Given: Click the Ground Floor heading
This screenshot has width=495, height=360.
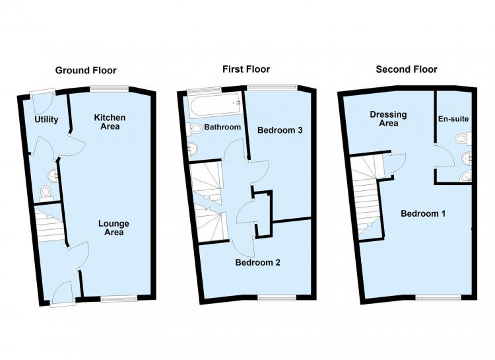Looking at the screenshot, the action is [86, 70].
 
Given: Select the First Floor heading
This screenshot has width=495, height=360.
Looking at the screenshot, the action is [246, 69].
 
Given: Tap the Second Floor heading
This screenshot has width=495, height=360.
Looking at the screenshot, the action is [407, 69].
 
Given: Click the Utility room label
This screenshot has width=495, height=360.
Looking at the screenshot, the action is [46, 120].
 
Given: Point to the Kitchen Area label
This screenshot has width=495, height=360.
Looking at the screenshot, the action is [110, 122].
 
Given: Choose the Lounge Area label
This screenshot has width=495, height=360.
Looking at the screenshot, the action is [114, 228].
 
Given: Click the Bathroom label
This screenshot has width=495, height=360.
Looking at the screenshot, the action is [222, 127].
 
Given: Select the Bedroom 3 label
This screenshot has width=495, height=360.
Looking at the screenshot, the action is [280, 130].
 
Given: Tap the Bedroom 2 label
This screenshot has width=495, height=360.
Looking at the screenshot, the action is [257, 262].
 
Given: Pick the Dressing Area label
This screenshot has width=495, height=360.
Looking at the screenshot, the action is [388, 119].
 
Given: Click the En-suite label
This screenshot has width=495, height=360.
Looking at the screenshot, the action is [453, 119].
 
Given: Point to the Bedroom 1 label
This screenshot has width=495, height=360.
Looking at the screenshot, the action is [423, 213].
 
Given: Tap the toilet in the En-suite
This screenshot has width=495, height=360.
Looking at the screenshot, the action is [463, 139].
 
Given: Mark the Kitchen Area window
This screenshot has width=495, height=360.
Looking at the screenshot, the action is [110, 89].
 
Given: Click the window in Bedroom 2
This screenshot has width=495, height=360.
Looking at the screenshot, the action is [277, 297].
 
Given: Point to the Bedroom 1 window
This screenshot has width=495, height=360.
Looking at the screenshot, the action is [438, 297].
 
